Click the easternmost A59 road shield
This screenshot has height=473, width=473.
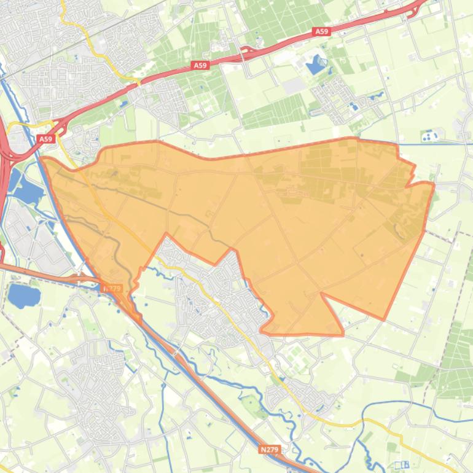click(321, 31)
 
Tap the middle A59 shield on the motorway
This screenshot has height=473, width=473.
click(200, 65)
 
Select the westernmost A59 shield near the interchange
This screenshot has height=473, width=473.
click(46, 139)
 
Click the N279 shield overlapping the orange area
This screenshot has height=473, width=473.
click(112, 288)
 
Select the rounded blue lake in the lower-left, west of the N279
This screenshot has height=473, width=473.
click(23, 296)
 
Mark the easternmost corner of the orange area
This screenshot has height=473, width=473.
click(434, 184)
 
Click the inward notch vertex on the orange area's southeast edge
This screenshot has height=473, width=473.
click(321, 294)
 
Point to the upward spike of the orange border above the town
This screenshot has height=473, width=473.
click(166, 235)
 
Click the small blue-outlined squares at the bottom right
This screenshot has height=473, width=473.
click(402, 464)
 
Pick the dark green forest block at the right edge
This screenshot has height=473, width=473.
click(458, 362)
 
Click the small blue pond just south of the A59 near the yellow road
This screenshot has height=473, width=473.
click(123, 104)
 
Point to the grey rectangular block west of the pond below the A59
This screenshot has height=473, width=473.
click(294, 85)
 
